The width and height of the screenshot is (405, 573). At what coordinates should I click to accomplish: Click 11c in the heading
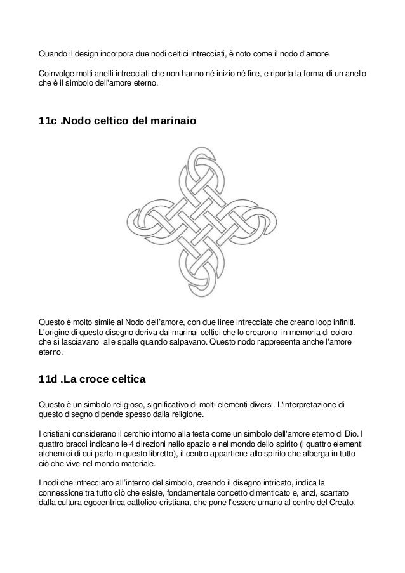click(x=48, y=121)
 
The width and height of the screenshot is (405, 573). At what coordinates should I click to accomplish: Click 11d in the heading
click(x=48, y=381)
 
